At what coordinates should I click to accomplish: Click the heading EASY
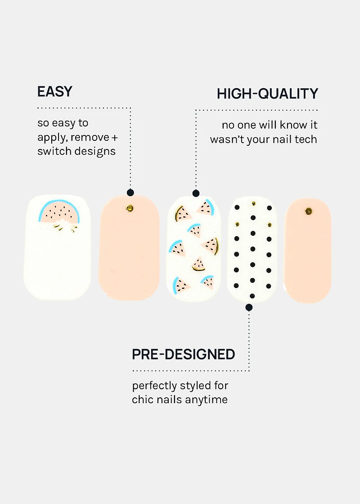54,92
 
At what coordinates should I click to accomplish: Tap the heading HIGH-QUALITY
267,94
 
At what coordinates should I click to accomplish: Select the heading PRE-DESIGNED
183,355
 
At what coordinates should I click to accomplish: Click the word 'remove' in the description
90,137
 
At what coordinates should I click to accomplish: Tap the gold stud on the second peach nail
130,208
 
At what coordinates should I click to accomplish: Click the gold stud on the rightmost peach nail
308,211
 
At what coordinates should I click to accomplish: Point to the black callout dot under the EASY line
130,193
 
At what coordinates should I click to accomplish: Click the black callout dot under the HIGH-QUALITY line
196,193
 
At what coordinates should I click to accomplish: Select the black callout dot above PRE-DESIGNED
249,308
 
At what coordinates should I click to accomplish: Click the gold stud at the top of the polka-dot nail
253,203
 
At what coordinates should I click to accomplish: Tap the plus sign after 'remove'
114,137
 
